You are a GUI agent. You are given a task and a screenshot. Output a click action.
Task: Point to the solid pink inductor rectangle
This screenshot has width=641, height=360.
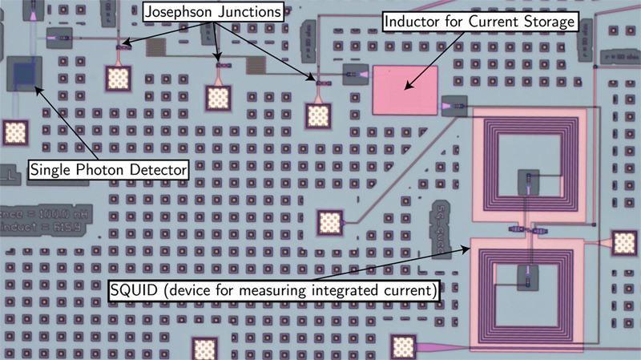[405, 90]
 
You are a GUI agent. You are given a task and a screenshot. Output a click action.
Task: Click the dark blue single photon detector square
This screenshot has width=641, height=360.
[26, 75]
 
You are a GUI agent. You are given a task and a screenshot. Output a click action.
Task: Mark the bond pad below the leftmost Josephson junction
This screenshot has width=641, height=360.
[119, 78]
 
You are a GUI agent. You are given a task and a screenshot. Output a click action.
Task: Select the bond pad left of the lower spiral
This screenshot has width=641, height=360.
[329, 222]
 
